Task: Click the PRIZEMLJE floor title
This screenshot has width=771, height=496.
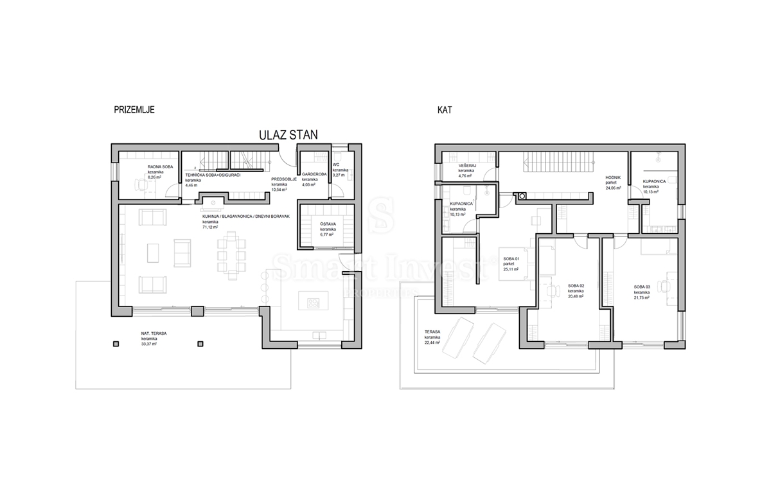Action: point(134,110)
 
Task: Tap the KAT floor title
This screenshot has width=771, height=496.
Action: point(444,110)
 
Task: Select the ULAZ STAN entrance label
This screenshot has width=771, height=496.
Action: point(288,135)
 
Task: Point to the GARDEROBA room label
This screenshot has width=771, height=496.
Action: point(315,174)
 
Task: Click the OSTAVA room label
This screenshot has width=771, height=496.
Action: point(328,223)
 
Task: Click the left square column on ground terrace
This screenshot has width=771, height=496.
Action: point(116,344)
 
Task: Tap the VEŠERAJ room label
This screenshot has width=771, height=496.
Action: point(467,165)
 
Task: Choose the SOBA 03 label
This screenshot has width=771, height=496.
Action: point(642,287)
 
